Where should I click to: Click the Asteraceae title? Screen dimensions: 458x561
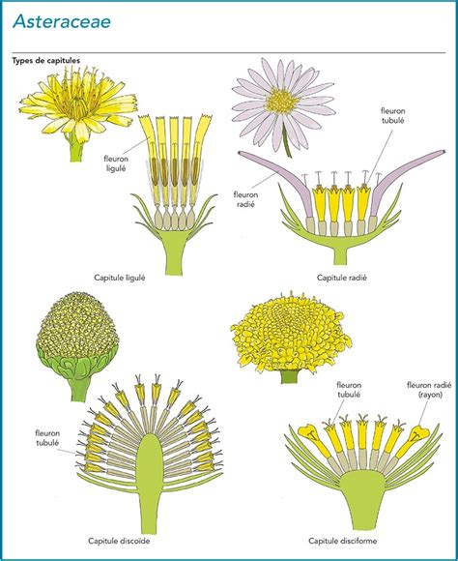pyautogui.click(x=62, y=22)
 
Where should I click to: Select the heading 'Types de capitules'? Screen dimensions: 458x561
pyautogui.click(x=46, y=61)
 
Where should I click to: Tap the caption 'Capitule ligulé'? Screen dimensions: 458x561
pyautogui.click(x=120, y=278)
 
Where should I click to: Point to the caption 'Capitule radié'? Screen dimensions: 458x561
pyautogui.click(x=342, y=278)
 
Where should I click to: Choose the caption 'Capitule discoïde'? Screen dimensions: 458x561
pyautogui.click(x=119, y=541)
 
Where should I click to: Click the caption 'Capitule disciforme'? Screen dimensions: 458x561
pyautogui.click(x=342, y=541)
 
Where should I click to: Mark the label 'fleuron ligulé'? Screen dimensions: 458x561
pyautogui.click(x=116, y=163)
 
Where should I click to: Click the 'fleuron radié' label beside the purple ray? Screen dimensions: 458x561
pyautogui.click(x=245, y=199)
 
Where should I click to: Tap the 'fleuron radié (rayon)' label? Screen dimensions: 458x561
pyautogui.click(x=429, y=390)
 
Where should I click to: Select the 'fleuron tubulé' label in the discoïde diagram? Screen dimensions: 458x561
pyautogui.click(x=47, y=438)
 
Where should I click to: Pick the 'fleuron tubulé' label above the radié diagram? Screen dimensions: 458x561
pyautogui.click(x=393, y=115)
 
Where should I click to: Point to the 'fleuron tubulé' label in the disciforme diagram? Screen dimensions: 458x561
pyautogui.click(x=349, y=390)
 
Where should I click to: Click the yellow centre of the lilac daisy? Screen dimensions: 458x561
pyautogui.click(x=282, y=101)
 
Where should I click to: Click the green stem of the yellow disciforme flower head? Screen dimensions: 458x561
pyautogui.click(x=290, y=376)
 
